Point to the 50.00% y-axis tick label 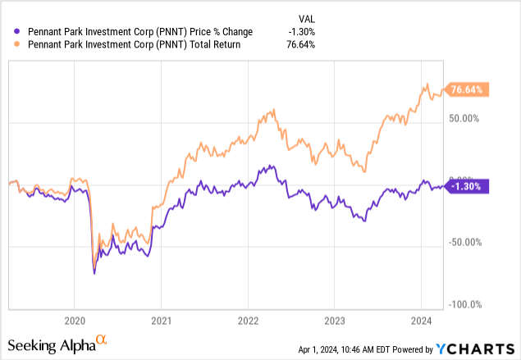470,118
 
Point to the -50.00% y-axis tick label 468,242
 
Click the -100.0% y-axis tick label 468,304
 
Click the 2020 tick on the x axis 74,320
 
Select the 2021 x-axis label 161,320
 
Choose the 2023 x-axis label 335,320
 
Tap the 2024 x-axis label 421,320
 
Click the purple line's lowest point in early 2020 94,273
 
